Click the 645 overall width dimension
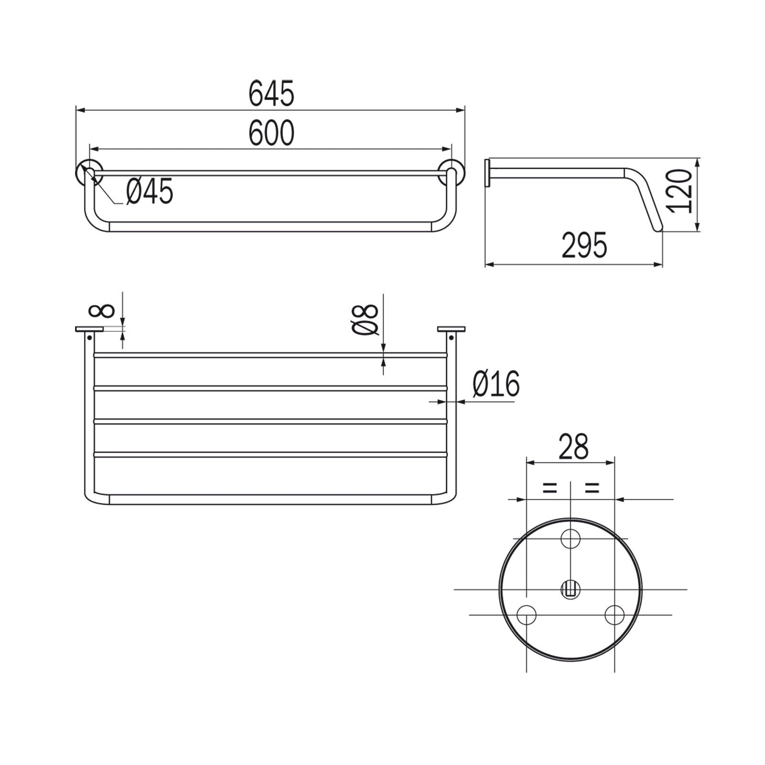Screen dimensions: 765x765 (x=271, y=94)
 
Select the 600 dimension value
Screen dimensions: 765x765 (x=271, y=133)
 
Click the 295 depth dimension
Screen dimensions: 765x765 (x=584, y=246)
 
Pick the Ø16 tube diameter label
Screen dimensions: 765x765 (x=496, y=384)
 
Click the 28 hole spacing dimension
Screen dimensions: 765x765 (x=573, y=448)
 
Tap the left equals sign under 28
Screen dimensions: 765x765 (x=549, y=488)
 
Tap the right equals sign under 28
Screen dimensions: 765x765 (x=591, y=488)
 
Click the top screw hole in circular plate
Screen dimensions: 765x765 (x=570, y=539)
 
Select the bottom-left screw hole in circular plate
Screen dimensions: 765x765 (x=527, y=614)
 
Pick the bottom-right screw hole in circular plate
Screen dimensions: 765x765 (x=614, y=614)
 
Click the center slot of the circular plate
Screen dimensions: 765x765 (x=570, y=589)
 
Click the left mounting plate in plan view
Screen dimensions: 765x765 (x=89, y=329)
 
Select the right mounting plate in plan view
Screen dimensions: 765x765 (x=451, y=329)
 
